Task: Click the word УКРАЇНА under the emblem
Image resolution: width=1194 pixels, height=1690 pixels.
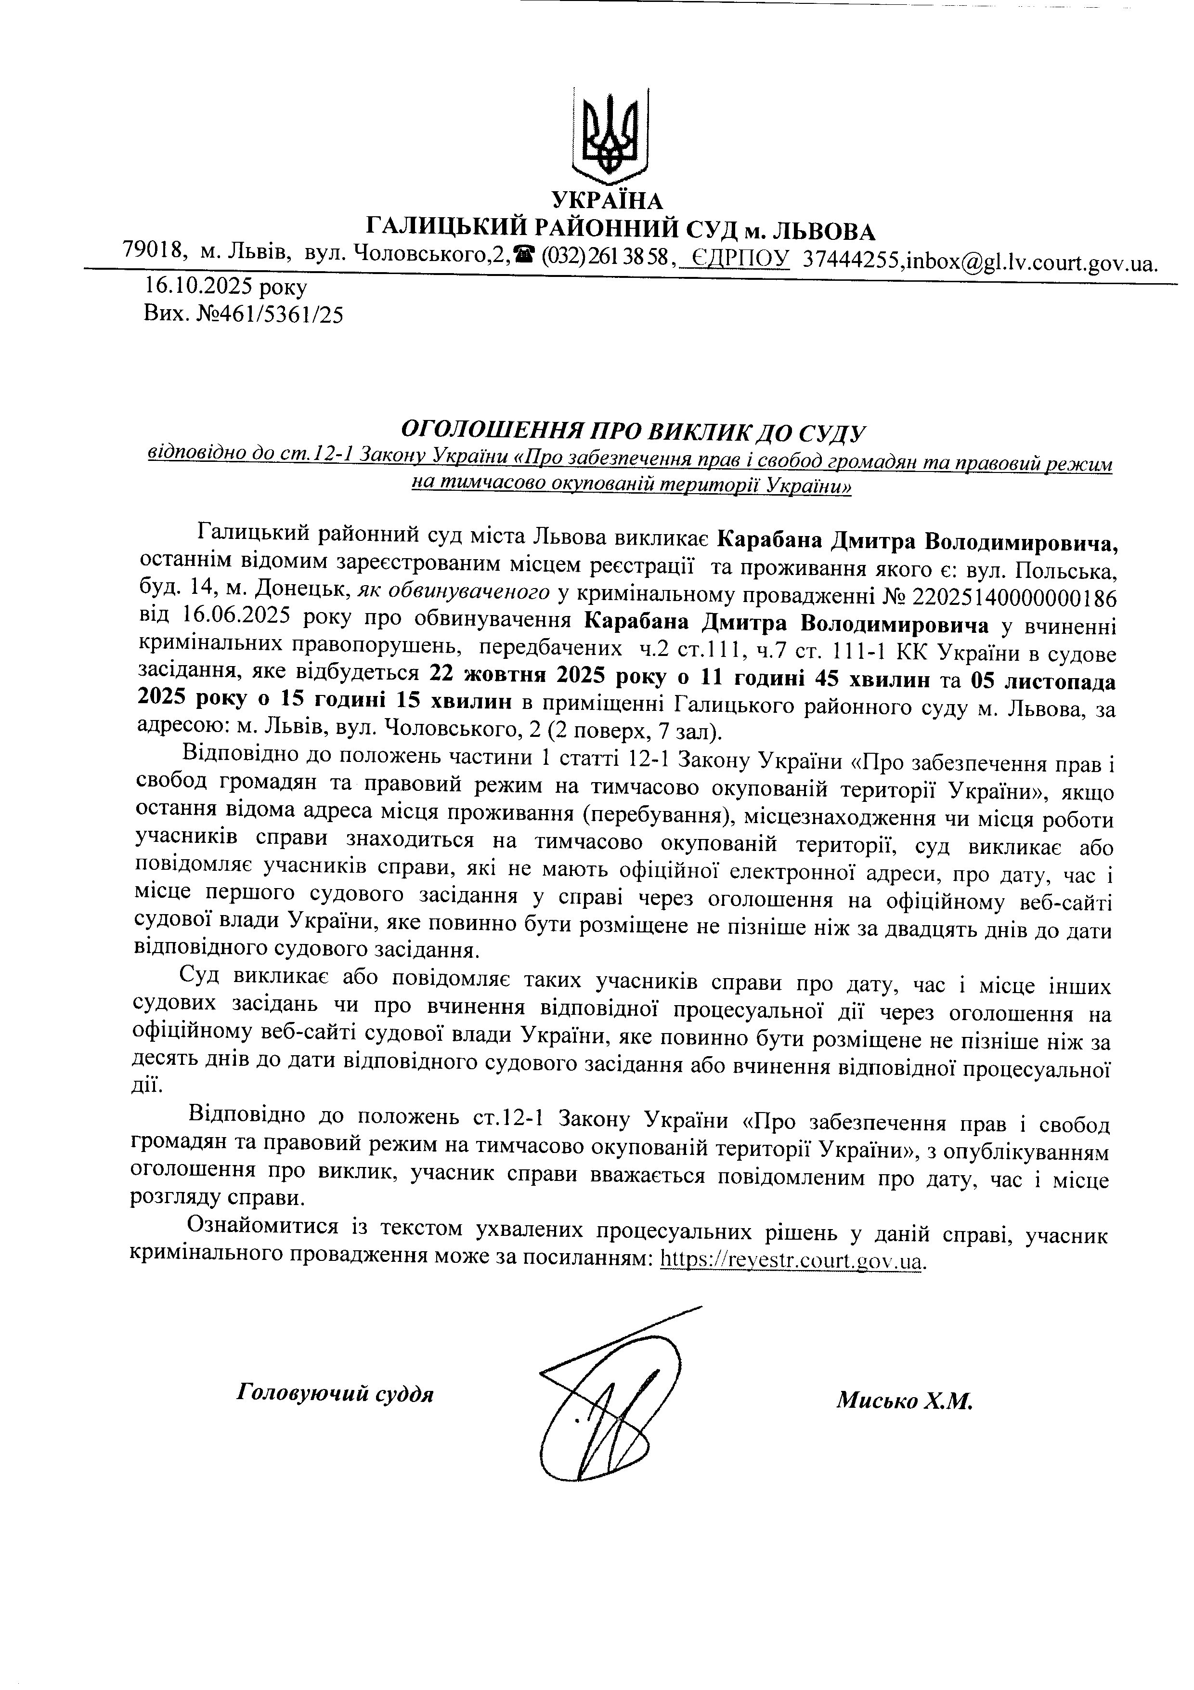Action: pyautogui.click(x=608, y=200)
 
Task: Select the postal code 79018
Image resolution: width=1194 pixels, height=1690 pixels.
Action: pyautogui.click(x=153, y=250)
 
